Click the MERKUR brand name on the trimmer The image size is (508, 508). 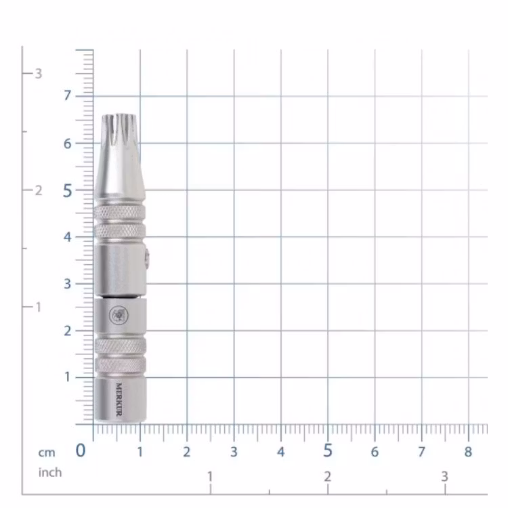(119, 400)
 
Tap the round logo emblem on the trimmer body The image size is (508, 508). (120, 314)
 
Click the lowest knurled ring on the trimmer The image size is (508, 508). (120, 366)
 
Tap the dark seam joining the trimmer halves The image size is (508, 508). (120, 296)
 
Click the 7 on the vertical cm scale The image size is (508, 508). (67, 96)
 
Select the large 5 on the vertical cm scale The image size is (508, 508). (67, 190)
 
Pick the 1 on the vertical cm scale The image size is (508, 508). (67, 377)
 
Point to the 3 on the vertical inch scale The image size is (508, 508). (39, 73)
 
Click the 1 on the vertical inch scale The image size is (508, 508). (39, 307)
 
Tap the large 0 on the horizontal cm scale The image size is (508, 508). (81, 451)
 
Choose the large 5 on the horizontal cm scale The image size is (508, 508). (328, 451)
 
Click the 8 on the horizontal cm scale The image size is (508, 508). (468, 452)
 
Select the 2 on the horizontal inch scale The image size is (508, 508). (327, 478)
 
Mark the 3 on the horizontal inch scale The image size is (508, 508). (444, 478)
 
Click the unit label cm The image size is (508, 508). (47, 452)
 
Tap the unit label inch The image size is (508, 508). (49, 472)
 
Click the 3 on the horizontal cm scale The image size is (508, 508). (234, 452)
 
